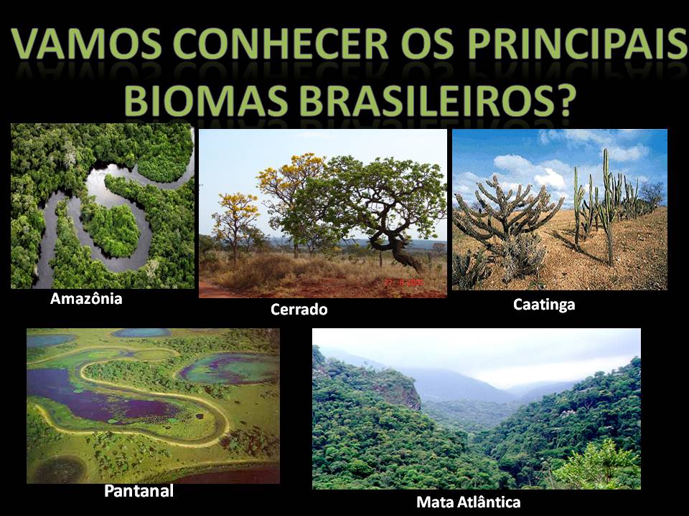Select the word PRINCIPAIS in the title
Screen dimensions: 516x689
click(x=563, y=45)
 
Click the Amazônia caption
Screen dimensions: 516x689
click(x=86, y=299)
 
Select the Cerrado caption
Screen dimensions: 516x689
click(x=299, y=310)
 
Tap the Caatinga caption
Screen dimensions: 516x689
click(x=544, y=305)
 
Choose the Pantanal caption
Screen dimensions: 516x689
click(x=139, y=492)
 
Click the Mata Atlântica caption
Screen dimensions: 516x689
click(x=468, y=502)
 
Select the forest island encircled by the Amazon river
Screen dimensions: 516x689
click(x=111, y=228)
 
